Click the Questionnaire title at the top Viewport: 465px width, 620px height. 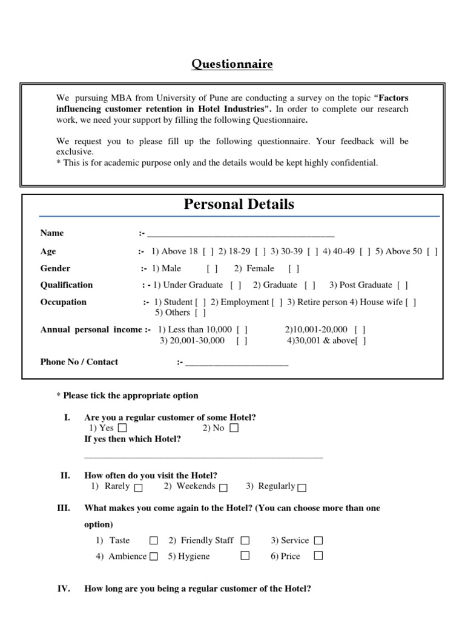pyautogui.click(x=232, y=64)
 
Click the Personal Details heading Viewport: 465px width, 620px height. pyautogui.click(x=239, y=204)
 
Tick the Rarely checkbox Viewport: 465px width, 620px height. pyautogui.click(x=139, y=487)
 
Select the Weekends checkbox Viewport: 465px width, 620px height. pyautogui.click(x=223, y=487)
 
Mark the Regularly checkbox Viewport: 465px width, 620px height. pyautogui.click(x=302, y=487)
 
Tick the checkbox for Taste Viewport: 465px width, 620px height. pyautogui.click(x=154, y=540)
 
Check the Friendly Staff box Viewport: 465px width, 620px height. pyautogui.click(x=245, y=540)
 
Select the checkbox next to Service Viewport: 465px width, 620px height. pyautogui.click(x=318, y=540)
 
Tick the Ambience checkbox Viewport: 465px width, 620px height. pyautogui.click(x=154, y=556)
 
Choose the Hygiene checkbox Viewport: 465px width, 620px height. pyautogui.click(x=245, y=556)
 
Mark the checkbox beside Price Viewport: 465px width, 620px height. pyautogui.click(x=318, y=556)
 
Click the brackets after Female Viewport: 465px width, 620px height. pyautogui.click(x=294, y=269)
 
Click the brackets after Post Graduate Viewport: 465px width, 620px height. pyautogui.click(x=403, y=285)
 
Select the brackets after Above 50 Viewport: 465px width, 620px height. pyautogui.click(x=432, y=252)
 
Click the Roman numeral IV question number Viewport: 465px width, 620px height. pyautogui.click(x=63, y=588)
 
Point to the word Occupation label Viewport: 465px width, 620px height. pyautogui.click(x=63, y=302)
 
